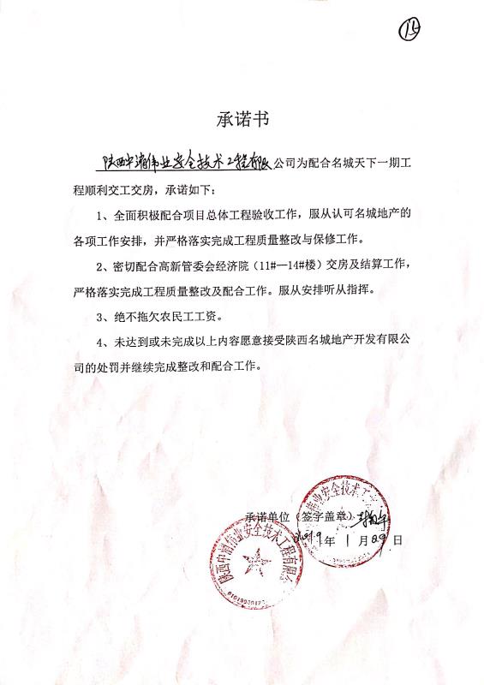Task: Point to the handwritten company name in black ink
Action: pyautogui.click(x=187, y=164)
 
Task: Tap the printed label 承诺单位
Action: pyautogui.click(x=268, y=517)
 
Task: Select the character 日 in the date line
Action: pyautogui.click(x=397, y=539)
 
